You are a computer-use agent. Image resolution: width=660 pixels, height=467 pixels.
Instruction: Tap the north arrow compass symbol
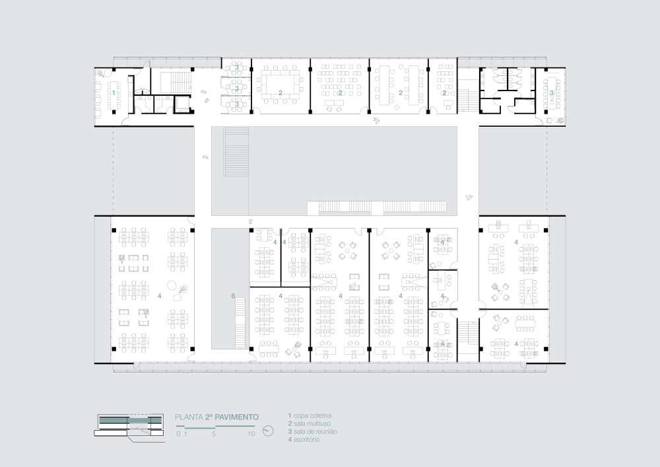point(268,431)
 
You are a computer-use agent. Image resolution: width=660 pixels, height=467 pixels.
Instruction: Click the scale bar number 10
point(251,434)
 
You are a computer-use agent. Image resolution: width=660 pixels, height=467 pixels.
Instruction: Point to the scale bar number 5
point(214,434)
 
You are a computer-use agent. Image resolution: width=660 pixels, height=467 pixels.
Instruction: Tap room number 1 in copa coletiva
point(114,93)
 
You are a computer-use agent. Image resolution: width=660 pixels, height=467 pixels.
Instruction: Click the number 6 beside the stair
point(233,297)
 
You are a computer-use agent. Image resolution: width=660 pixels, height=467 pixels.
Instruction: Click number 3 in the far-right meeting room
point(552,93)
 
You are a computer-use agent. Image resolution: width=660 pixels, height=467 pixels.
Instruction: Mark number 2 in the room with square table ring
point(280,93)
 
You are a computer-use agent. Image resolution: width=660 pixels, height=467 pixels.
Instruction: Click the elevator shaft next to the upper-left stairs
point(181,104)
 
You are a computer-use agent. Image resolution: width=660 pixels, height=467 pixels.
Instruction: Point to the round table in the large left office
point(172,286)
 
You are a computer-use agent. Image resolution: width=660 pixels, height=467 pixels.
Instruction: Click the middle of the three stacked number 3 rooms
point(237,87)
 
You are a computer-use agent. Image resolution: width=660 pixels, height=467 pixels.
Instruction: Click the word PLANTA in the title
point(188,417)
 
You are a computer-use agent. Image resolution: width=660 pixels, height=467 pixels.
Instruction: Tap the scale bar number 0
point(178,434)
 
